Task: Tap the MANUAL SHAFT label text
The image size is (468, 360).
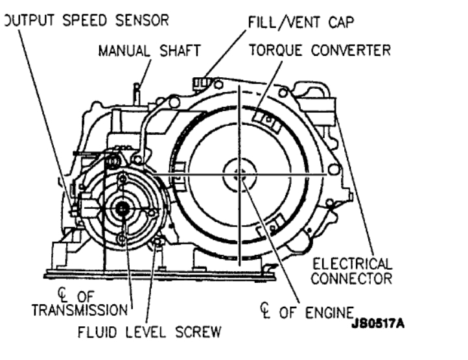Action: (x=144, y=50)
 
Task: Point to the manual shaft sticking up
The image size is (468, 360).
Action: (x=137, y=90)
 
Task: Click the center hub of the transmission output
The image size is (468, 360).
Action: (x=121, y=208)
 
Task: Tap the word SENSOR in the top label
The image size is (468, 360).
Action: (x=143, y=19)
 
